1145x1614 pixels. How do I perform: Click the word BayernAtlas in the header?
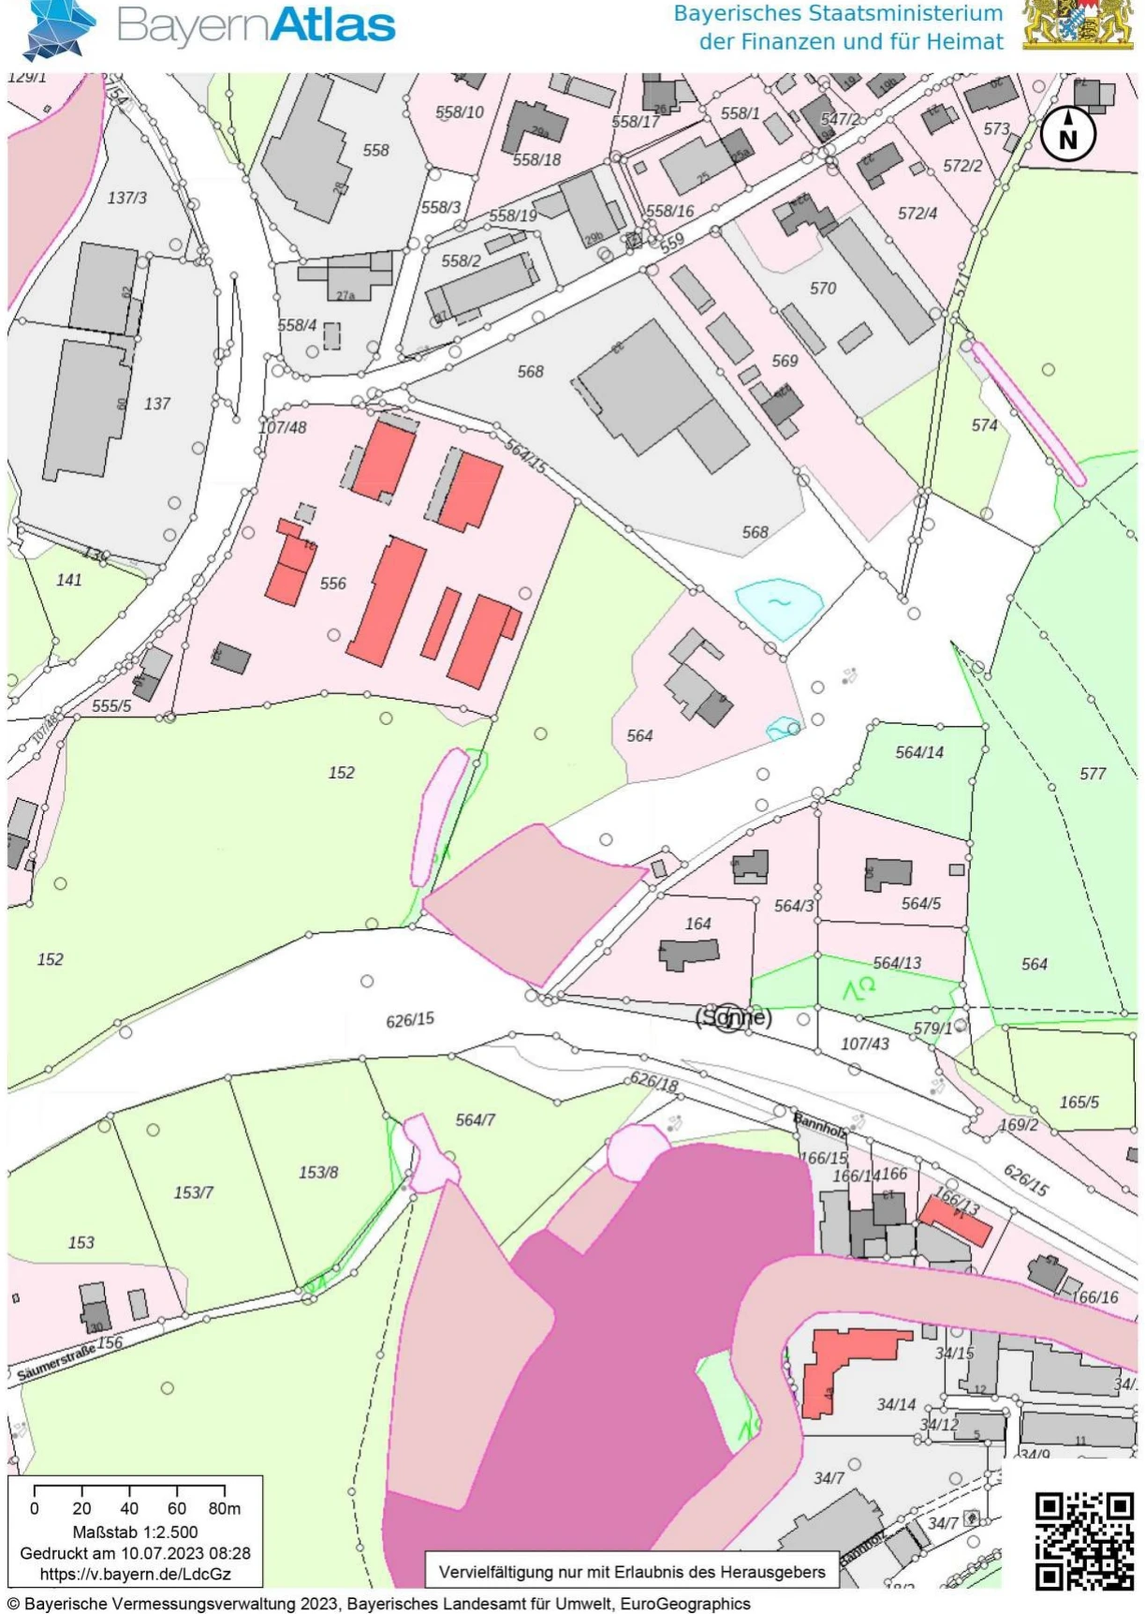(256, 26)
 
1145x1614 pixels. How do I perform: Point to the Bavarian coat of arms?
(1078, 25)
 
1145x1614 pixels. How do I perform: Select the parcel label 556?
(333, 584)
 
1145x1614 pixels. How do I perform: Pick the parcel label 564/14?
(919, 752)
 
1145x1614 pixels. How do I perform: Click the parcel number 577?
(1093, 774)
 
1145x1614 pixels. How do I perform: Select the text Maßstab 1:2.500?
(136, 1533)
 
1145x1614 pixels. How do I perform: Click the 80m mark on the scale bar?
(225, 1509)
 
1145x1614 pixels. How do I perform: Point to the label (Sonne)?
(733, 1017)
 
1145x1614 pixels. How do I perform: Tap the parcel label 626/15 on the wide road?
(410, 1019)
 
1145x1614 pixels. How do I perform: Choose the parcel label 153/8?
(318, 1173)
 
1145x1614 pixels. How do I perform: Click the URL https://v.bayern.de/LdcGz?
(136, 1575)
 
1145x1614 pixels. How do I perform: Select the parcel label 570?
(823, 289)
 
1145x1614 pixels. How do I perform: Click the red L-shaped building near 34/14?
(838, 1368)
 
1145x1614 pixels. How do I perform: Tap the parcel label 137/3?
(127, 199)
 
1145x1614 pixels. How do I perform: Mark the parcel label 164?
(698, 924)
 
